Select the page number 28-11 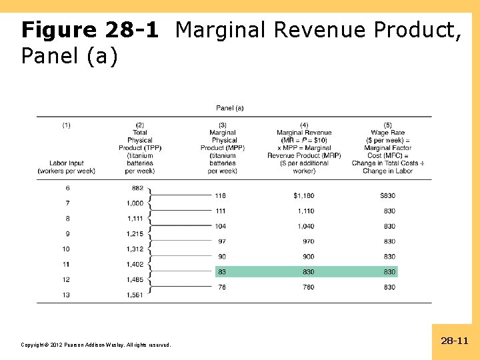(455, 341)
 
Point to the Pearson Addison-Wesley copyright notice (96, 345)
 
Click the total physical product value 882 (138, 188)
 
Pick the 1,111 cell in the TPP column (135, 218)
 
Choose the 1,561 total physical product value (135, 295)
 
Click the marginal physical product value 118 (220, 196)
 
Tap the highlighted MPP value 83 (221, 272)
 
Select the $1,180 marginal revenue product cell (303, 196)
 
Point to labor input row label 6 (67, 188)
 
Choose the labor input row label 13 (66, 295)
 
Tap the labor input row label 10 (66, 249)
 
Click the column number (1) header (67, 125)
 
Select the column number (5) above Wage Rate (387, 125)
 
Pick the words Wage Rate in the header (387, 133)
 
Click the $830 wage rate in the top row (387, 196)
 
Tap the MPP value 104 (220, 227)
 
